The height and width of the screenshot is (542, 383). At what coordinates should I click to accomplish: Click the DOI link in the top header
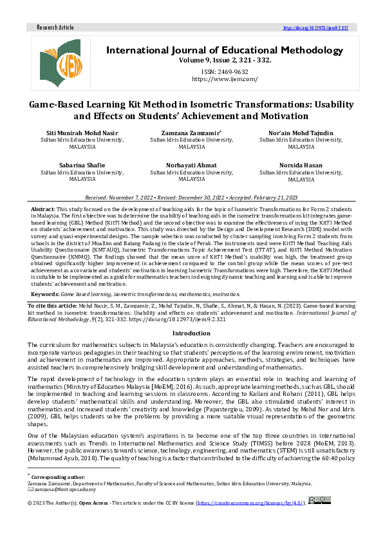pyautogui.click(x=316, y=28)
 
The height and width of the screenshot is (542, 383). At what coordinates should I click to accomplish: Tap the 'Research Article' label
pyautogui.click(x=55, y=28)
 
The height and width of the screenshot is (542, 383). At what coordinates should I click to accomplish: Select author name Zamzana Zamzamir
pyautogui.click(x=191, y=134)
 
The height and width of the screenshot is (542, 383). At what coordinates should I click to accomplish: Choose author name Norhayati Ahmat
pyautogui.click(x=191, y=165)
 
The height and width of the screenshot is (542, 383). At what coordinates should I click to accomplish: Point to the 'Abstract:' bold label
pyautogui.click(x=43, y=210)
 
